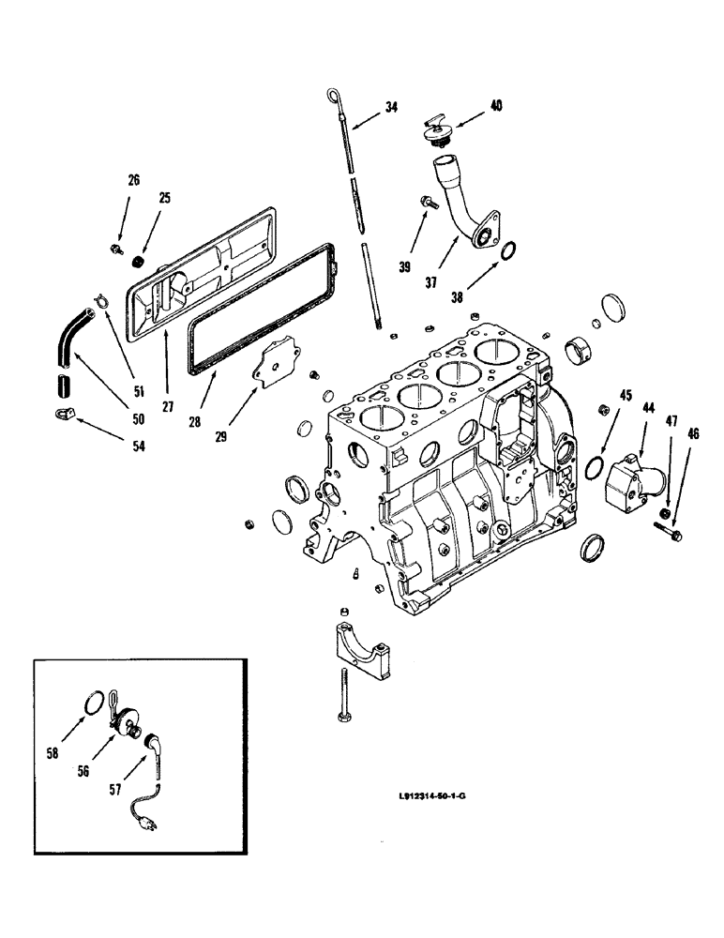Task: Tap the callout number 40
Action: [x=495, y=106]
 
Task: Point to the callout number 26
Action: [x=134, y=179]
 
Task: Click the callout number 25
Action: [x=165, y=198]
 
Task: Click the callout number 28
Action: [x=195, y=423]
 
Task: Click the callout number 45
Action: [x=626, y=395]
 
